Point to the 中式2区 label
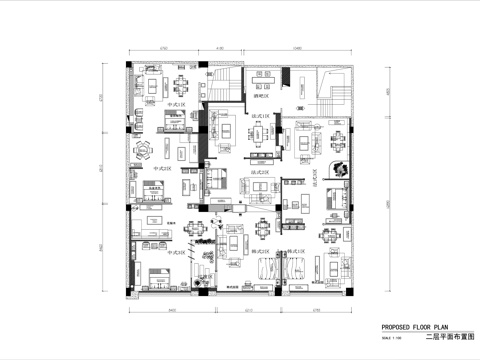[159, 171]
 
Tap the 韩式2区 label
[297, 252]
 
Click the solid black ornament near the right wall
[341, 167]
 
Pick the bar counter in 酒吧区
[264, 89]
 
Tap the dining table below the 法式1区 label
[258, 147]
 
